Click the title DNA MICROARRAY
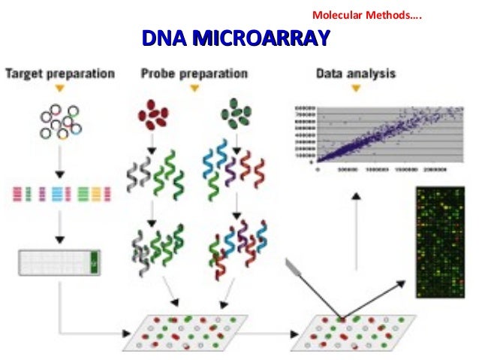pos(236,37)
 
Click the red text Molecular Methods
pos(366,15)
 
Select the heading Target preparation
pos(60,74)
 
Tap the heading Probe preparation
pos(194,74)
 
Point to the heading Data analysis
pos(356,74)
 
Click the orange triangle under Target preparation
pos(60,89)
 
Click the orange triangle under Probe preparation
pos(194,89)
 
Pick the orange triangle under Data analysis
pos(356,89)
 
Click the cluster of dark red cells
pos(152,117)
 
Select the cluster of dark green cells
pos(236,117)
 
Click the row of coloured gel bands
pos(60,194)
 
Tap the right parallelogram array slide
pos(353,331)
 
